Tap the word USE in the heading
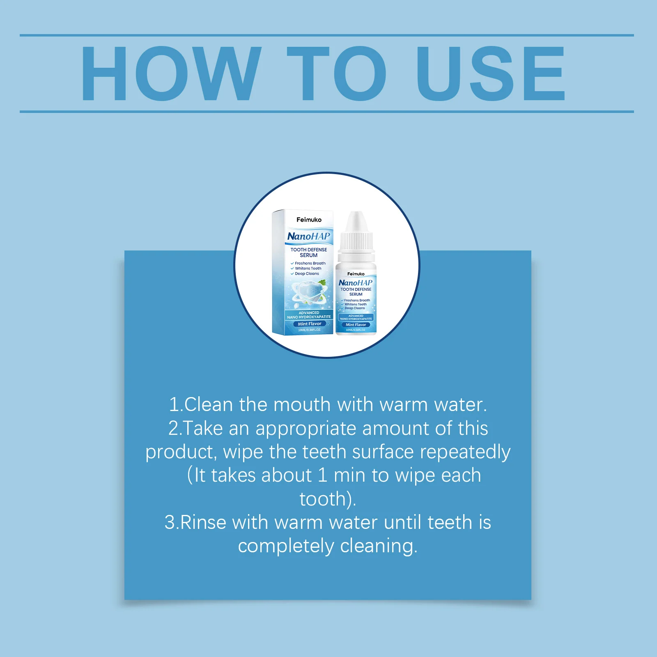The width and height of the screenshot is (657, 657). tap(491, 74)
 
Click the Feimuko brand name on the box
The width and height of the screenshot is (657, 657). tap(309, 220)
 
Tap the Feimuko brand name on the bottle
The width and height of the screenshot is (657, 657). tap(356, 274)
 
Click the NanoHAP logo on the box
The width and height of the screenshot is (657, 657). tap(308, 237)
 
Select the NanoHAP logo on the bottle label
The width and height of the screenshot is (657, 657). tap(355, 283)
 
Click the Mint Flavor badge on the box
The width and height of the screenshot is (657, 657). tap(310, 324)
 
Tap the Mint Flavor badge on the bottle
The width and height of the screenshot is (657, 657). tap(356, 325)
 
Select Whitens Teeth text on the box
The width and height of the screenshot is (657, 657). tap(308, 269)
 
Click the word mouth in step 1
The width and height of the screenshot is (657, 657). tap(302, 405)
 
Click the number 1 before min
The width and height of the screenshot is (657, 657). tap(323, 476)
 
